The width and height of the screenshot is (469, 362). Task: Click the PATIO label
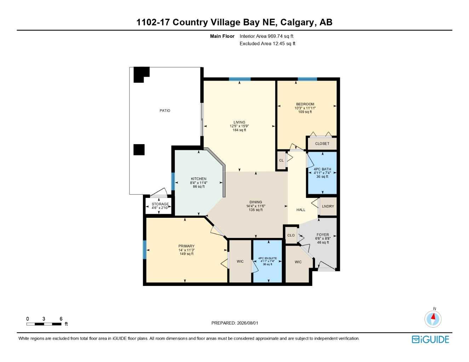(x=165, y=111)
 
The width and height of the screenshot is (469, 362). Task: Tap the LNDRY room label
(x=328, y=206)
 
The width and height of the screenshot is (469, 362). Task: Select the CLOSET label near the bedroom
(x=322, y=144)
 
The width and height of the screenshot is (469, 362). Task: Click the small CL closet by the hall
(x=281, y=160)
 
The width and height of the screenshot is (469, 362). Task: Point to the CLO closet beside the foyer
(x=291, y=235)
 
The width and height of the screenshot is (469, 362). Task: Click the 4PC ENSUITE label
(x=267, y=258)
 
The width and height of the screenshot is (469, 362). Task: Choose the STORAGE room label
(x=160, y=204)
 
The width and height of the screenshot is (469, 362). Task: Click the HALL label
(x=301, y=210)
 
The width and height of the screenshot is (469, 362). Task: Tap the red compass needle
(x=433, y=316)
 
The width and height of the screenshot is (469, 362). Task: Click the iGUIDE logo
(x=430, y=339)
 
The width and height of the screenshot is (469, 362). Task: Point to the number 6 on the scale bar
(x=61, y=319)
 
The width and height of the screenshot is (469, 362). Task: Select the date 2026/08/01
(x=247, y=323)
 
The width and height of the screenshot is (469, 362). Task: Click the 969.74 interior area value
(x=275, y=36)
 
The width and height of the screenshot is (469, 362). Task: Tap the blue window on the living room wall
(x=240, y=79)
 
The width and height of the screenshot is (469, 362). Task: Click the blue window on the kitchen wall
(x=173, y=181)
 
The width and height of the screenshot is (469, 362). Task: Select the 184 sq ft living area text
(x=239, y=130)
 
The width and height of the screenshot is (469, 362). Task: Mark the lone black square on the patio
(x=139, y=150)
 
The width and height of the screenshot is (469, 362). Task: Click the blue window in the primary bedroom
(x=145, y=250)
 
